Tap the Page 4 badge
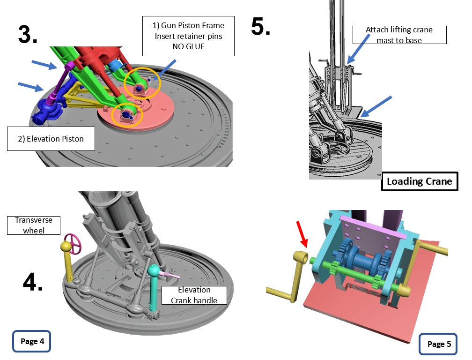31,341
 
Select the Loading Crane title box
420,181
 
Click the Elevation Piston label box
51,139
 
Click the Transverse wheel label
34,225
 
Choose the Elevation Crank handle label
194,295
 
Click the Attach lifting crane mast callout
399,35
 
